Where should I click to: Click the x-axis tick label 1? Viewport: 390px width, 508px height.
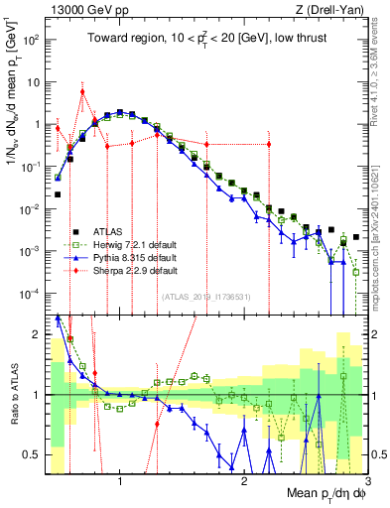tap(120, 482)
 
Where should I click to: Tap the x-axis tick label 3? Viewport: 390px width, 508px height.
tap(367, 482)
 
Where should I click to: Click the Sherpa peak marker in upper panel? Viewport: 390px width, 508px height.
tap(82, 92)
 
